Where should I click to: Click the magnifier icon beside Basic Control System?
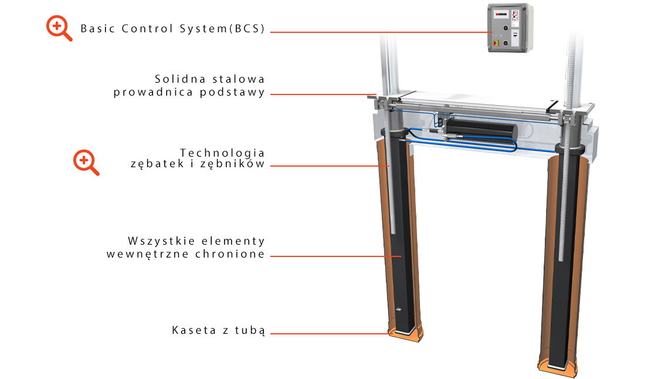click(x=59, y=28)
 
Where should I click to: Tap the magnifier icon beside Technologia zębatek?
click(x=86, y=163)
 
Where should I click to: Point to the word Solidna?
click(x=181, y=79)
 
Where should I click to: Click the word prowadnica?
click(x=153, y=92)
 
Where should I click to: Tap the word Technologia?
click(x=222, y=153)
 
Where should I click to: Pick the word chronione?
click(x=230, y=253)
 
